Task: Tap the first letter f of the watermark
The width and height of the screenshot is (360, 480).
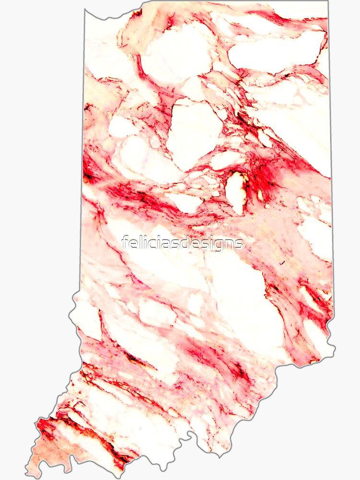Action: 125,242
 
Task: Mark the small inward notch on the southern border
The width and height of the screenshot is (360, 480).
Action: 190,435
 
